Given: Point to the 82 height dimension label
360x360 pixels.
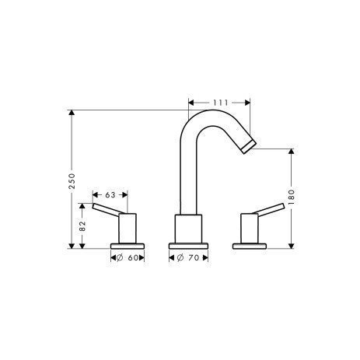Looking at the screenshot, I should [x=82, y=226].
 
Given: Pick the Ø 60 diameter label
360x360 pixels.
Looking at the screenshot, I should [x=127, y=257].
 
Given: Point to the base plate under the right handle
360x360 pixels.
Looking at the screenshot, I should [x=250, y=246].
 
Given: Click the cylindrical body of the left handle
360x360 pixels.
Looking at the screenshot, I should [x=127, y=229].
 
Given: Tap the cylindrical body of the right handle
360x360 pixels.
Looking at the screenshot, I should [x=250, y=229].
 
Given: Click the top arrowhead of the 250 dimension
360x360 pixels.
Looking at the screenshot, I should [x=72, y=114].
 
